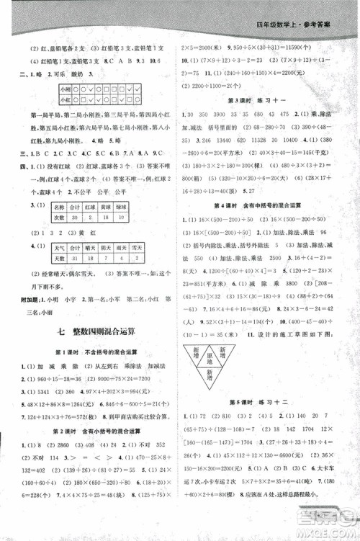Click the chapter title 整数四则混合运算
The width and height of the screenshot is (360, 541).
(98, 332)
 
